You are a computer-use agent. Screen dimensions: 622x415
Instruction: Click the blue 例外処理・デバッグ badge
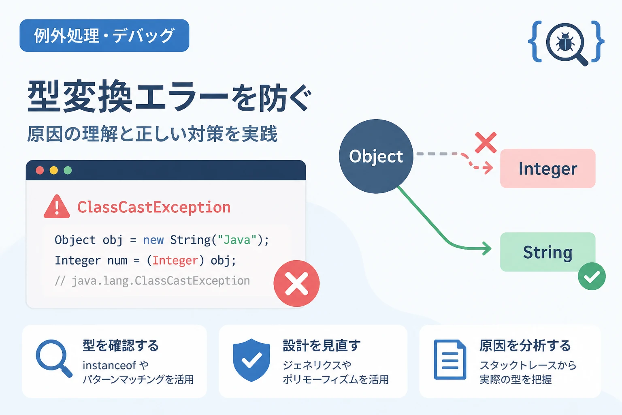pyautogui.click(x=104, y=36)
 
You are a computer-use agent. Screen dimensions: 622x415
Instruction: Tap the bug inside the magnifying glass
pyautogui.click(x=565, y=42)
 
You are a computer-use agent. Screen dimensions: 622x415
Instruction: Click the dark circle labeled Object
pyautogui.click(x=376, y=156)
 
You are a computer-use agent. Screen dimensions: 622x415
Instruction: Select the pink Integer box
pyautogui.click(x=547, y=169)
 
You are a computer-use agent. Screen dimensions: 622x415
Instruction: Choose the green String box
pyautogui.click(x=547, y=252)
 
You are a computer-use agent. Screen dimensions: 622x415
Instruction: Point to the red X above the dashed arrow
pyautogui.click(x=486, y=143)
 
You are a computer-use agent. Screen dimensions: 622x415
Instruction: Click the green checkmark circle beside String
pyautogui.click(x=592, y=276)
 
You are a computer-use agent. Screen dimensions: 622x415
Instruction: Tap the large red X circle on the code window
pyautogui.click(x=296, y=284)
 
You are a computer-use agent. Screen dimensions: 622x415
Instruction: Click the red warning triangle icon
pyautogui.click(x=57, y=207)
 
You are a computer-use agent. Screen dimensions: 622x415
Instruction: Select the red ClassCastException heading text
pyautogui.click(x=154, y=207)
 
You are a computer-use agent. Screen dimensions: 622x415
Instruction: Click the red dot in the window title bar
pyautogui.click(x=40, y=170)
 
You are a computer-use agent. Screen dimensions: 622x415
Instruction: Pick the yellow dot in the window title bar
pyautogui.click(x=54, y=170)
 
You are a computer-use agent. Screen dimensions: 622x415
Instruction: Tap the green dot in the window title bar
pyautogui.click(x=68, y=170)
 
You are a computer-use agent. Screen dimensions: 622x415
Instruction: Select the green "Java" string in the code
pyautogui.click(x=237, y=240)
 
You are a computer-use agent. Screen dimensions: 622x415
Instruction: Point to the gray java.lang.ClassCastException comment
pyautogui.click(x=152, y=281)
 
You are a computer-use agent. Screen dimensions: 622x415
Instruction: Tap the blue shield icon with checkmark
pyautogui.click(x=251, y=360)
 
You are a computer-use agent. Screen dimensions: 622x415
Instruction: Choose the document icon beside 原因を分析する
pyautogui.click(x=450, y=360)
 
